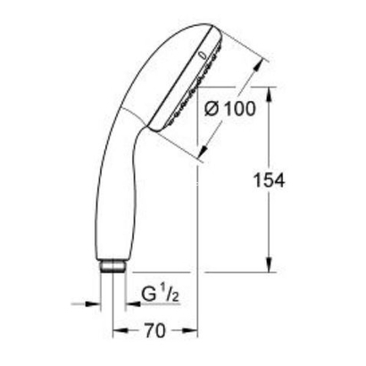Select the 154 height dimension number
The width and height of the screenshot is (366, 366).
tap(269, 179)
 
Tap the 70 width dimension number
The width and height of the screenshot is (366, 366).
tap(154, 331)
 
